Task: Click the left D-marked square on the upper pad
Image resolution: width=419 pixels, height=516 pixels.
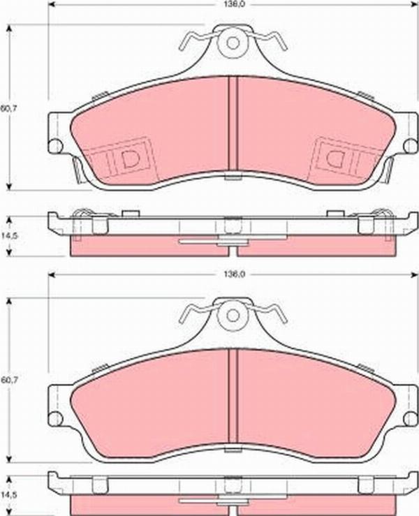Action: pos(126,157)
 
